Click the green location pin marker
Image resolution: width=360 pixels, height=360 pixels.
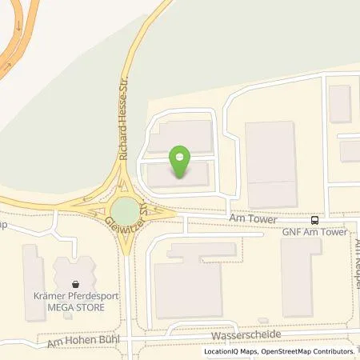click(182, 162)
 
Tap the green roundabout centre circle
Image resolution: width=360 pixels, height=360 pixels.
click(125, 211)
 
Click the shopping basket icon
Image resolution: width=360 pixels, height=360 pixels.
click(75, 283)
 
